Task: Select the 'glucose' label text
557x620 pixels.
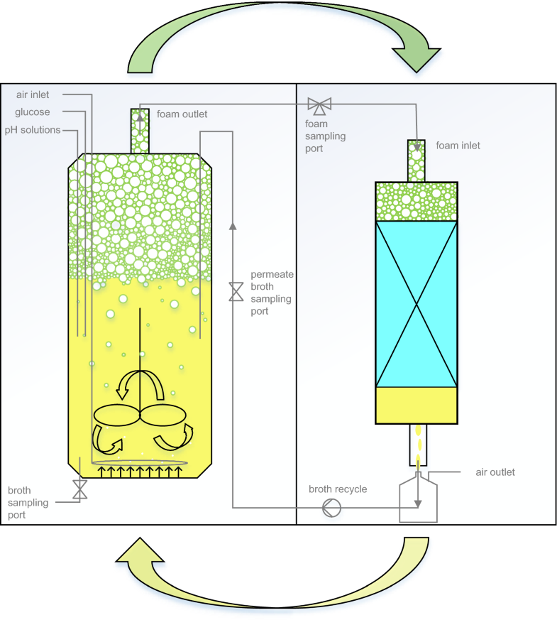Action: point(33,112)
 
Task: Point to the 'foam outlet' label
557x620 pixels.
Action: point(182,114)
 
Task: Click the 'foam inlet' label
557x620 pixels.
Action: point(458,146)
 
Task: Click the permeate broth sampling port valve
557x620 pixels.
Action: point(236,292)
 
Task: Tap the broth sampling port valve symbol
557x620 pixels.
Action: point(80,489)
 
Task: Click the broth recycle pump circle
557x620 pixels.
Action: point(331,508)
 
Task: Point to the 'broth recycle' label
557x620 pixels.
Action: point(338,489)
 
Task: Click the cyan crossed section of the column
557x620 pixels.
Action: point(417,304)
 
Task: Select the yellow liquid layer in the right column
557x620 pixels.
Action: point(417,406)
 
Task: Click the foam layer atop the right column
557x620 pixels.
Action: point(417,202)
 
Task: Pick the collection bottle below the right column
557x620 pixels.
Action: point(418,501)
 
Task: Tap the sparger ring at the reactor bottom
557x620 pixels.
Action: point(140,463)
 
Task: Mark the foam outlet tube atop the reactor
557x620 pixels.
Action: point(140,131)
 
